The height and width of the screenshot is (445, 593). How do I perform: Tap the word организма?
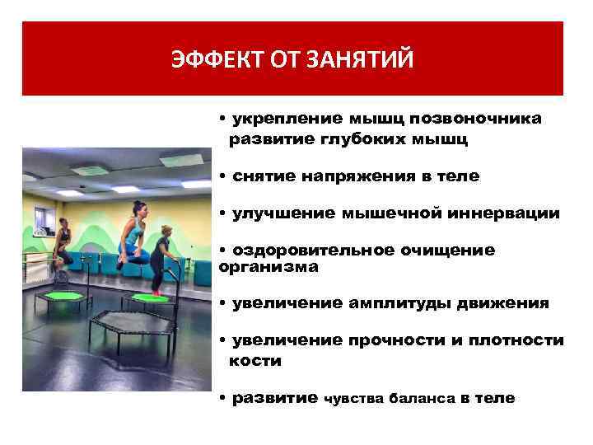[268, 267]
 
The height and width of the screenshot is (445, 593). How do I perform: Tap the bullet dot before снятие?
[223, 176]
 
